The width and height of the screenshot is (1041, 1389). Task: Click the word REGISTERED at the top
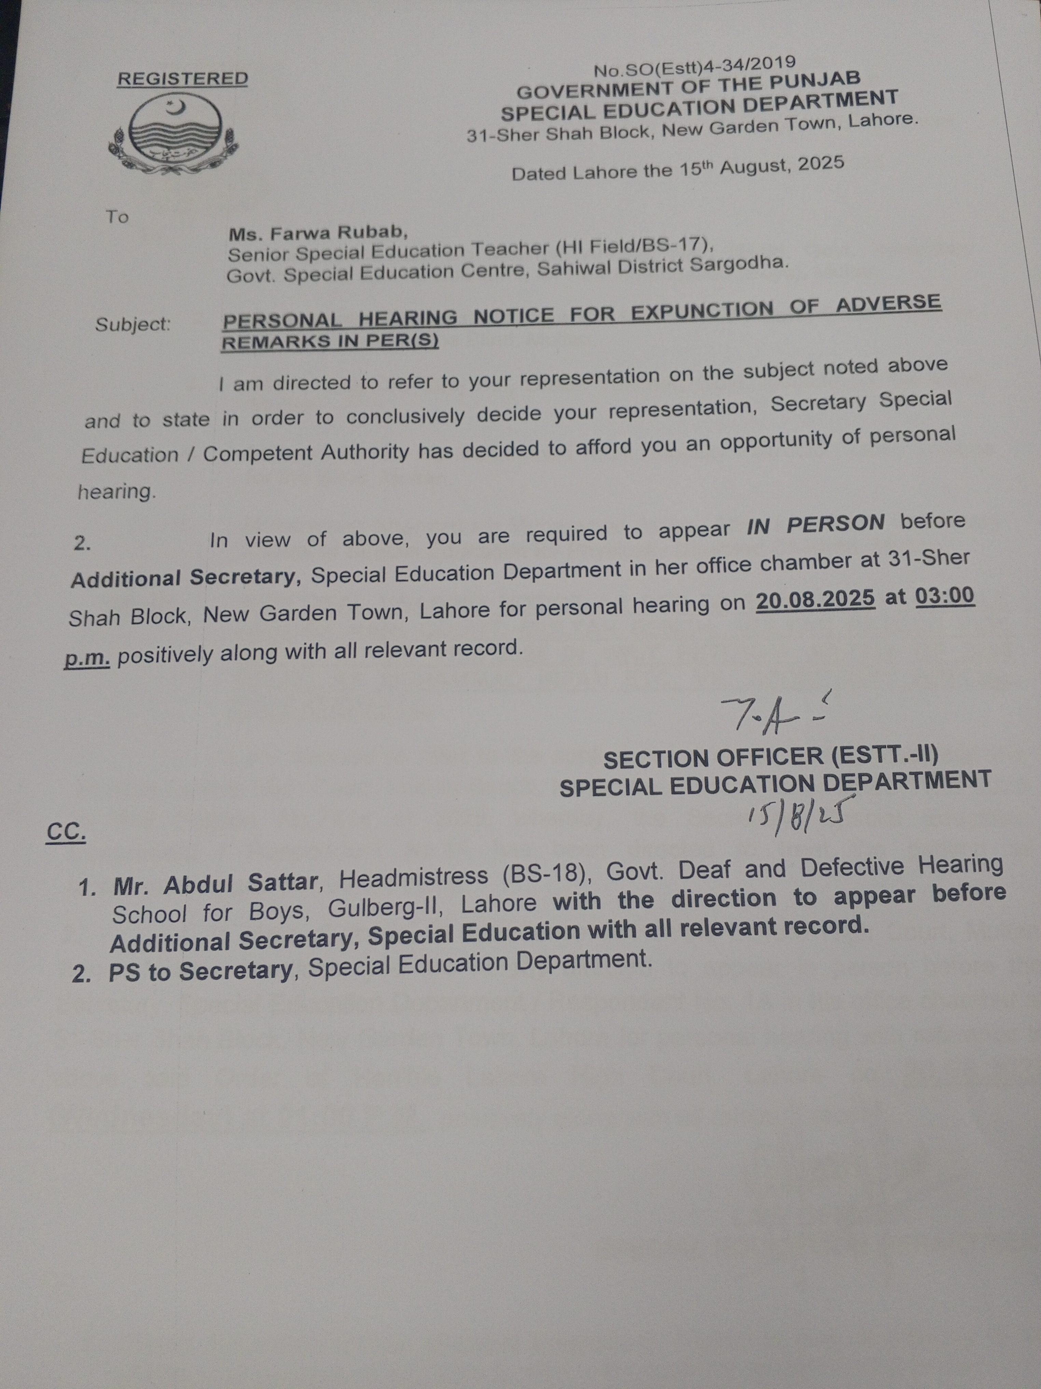(x=183, y=79)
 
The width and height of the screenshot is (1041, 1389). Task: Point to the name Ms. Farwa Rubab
(x=318, y=233)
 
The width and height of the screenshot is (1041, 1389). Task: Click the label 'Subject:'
(x=133, y=325)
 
